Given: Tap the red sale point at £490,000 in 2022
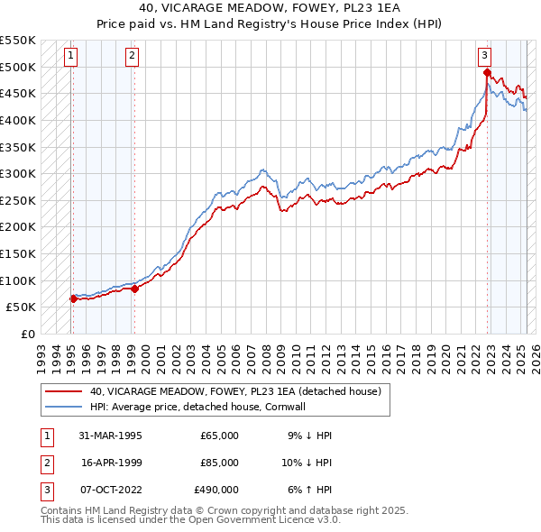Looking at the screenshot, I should (x=487, y=72).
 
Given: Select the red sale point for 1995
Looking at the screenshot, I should (x=72, y=298).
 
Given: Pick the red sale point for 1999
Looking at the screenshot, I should (x=134, y=289).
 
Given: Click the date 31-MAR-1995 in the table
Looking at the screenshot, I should (x=111, y=436).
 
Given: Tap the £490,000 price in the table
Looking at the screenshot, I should (x=216, y=490).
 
